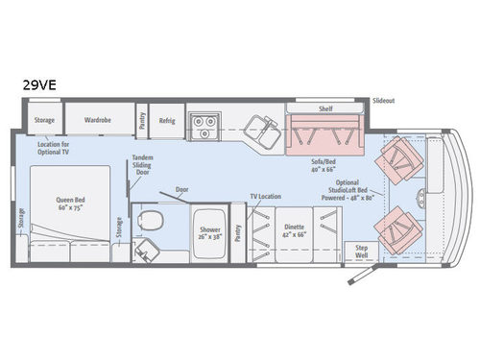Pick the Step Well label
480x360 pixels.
[362, 250]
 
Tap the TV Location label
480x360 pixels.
[266, 195]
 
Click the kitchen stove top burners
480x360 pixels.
[203, 122]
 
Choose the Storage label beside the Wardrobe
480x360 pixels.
[44, 121]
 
